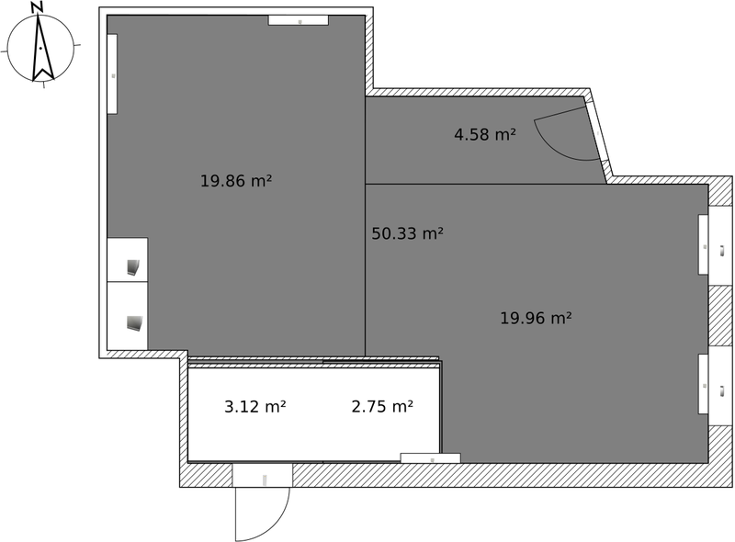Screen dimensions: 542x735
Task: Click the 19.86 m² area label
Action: click(235, 181)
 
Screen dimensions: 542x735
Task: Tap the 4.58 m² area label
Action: click(484, 135)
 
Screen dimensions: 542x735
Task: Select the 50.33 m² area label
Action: click(407, 233)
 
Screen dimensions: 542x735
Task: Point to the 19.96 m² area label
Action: click(536, 318)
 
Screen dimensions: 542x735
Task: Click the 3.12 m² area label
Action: click(254, 406)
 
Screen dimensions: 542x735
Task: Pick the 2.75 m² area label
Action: click(381, 406)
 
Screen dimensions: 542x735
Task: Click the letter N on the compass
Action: click(37, 7)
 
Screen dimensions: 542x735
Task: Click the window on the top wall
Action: click(298, 20)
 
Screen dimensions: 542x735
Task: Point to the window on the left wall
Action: click(112, 73)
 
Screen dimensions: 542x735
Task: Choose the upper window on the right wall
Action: click(703, 244)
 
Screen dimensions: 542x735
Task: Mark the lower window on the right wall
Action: click(703, 384)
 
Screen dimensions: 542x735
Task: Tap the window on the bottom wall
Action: click(430, 457)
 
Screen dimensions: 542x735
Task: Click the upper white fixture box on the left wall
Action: click(128, 260)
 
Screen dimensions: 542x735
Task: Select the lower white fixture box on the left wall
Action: click(128, 315)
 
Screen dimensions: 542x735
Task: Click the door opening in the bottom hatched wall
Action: click(262, 476)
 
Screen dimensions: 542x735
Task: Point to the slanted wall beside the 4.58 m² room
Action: click(597, 138)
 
